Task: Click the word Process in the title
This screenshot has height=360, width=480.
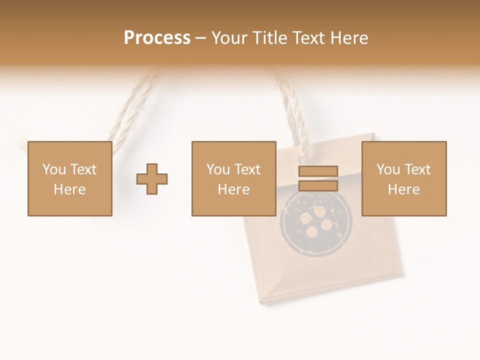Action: point(157,38)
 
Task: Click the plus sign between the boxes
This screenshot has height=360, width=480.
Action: point(152,179)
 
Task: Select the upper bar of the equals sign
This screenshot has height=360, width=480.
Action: point(318,171)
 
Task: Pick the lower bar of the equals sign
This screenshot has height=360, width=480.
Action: point(318,186)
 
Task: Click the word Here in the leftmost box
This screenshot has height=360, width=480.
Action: point(69,189)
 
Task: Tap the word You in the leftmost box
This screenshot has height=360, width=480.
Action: point(54,169)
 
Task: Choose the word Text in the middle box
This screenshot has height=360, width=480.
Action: point(247,169)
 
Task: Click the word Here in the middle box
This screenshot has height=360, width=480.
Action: point(233,189)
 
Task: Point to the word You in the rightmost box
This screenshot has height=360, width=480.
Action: point(388,169)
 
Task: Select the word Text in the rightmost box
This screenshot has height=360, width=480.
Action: point(417,169)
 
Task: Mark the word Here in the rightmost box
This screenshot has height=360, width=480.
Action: point(403,189)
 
